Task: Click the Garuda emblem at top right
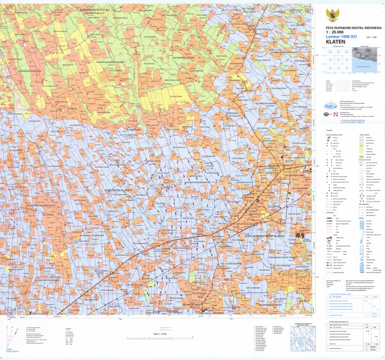click(332, 16)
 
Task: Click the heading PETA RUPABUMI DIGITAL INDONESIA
click(351, 28)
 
